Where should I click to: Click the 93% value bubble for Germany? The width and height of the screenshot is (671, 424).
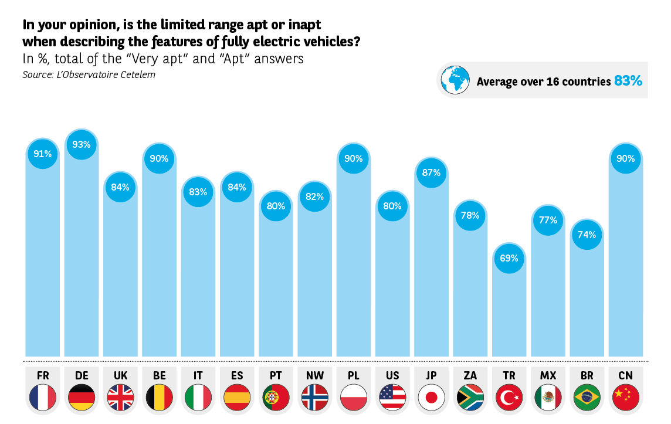point(82,144)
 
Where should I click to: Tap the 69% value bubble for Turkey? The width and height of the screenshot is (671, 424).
point(509,258)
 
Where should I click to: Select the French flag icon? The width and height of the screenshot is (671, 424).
point(43,398)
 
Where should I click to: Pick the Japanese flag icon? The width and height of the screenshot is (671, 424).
point(431,398)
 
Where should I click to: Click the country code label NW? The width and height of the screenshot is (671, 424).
point(314,375)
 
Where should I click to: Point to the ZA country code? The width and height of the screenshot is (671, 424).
point(470,375)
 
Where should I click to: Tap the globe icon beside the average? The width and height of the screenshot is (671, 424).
point(456,79)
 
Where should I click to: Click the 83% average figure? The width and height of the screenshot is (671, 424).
point(628,81)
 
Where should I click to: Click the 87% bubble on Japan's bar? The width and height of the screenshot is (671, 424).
point(431,173)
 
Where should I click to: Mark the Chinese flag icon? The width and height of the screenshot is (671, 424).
point(625,398)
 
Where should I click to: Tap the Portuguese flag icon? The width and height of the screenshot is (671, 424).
point(276,398)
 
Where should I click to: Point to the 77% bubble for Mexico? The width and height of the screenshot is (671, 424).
point(548,221)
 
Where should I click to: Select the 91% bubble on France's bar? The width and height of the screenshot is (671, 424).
point(43,154)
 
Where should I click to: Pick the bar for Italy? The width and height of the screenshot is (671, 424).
point(198,281)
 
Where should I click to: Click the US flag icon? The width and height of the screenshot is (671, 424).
point(392,398)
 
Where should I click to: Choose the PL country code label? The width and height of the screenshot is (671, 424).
point(353,375)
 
